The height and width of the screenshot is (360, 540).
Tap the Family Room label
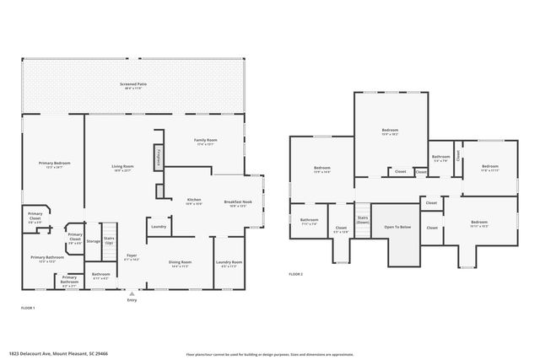pyautogui.click(x=206, y=141)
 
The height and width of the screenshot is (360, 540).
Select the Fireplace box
pyautogui.click(x=157, y=157)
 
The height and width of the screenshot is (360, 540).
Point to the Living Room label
pyautogui.click(x=123, y=168)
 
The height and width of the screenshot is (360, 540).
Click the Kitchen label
pyautogui.click(x=193, y=201)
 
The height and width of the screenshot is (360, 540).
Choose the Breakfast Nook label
pyautogui.click(x=237, y=203)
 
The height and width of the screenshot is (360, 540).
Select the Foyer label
pyautogui.click(x=132, y=257)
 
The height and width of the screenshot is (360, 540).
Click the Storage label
pyautogui.click(x=93, y=241)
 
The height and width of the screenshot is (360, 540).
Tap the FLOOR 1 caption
pyautogui.click(x=28, y=309)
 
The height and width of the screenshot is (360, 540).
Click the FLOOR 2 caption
pyautogui.click(x=295, y=275)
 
